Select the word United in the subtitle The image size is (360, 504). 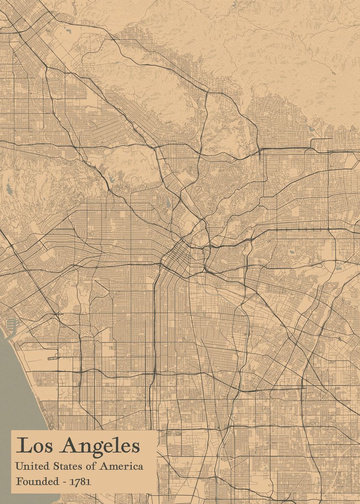click(x=30, y=466)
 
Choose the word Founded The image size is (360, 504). click(x=37, y=481)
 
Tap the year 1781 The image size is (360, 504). click(x=80, y=481)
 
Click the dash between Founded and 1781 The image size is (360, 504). click(x=65, y=482)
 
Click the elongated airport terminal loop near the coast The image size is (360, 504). click(x=53, y=358)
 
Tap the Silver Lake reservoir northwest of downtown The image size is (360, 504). click(x=168, y=203)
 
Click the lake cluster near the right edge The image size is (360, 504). click(x=339, y=265)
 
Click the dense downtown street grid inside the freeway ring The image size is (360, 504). click(x=179, y=256)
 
